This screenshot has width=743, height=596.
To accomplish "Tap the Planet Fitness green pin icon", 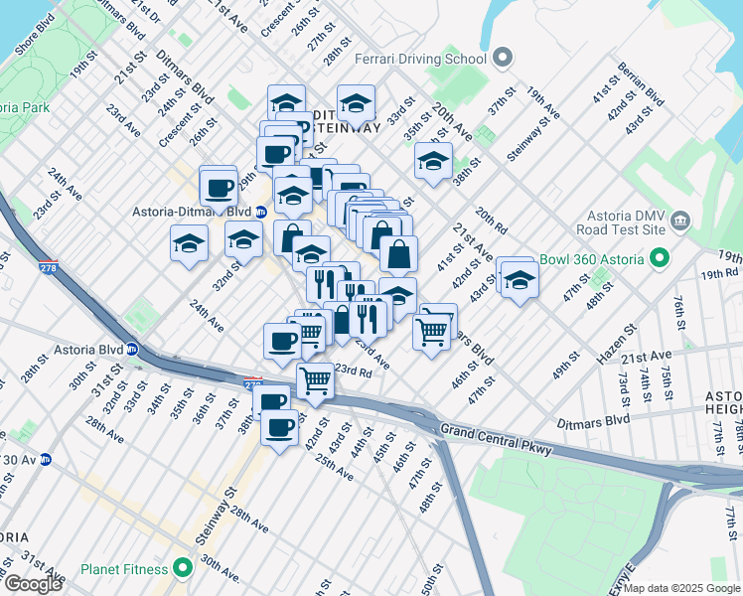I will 182,568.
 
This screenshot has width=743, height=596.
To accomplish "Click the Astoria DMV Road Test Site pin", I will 680,220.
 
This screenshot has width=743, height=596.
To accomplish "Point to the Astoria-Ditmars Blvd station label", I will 192,211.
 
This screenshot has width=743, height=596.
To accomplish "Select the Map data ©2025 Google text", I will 681,588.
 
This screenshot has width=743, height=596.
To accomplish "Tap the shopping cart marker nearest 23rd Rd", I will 316,380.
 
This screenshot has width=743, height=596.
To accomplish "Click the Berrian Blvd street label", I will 641,88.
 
